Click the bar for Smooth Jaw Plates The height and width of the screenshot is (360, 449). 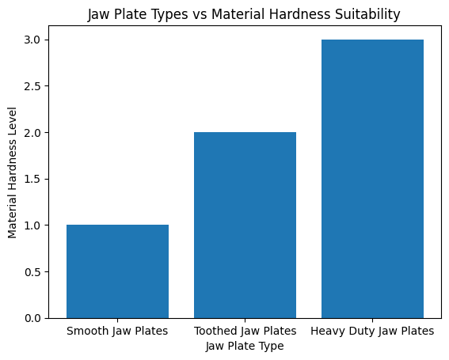click(117, 271)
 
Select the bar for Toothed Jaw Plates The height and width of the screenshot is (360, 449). click(245, 225)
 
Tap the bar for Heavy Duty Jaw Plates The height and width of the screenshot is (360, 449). click(372, 179)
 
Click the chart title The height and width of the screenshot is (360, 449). click(244, 13)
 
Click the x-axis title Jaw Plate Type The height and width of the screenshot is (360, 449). click(245, 346)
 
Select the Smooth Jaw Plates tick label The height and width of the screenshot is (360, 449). click(117, 331)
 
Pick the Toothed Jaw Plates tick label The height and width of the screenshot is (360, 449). click(245, 331)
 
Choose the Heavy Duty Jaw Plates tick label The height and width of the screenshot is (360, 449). click(372, 331)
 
